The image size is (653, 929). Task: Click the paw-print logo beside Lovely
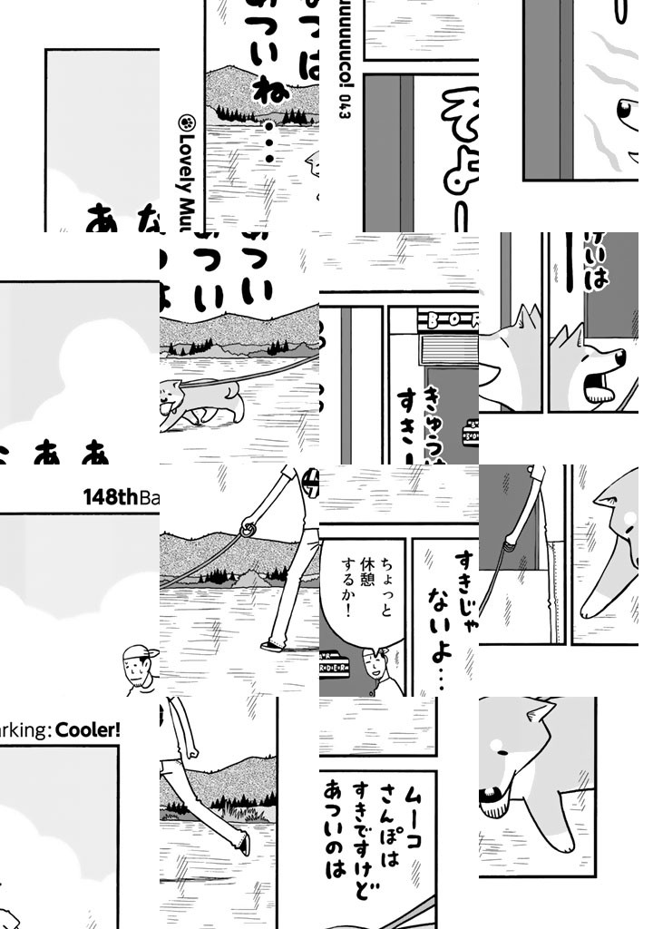(x=190, y=123)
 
